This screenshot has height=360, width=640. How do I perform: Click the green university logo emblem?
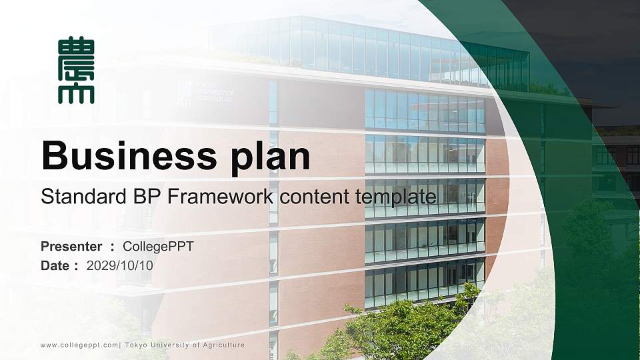coord(76,71)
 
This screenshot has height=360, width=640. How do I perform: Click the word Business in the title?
coord(125,157)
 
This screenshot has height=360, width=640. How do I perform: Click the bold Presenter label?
coord(71,247)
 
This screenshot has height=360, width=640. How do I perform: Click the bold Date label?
coord(55,265)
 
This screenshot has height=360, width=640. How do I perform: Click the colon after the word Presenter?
coord(113,247)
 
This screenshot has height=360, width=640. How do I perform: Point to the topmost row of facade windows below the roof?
coord(425,111)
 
